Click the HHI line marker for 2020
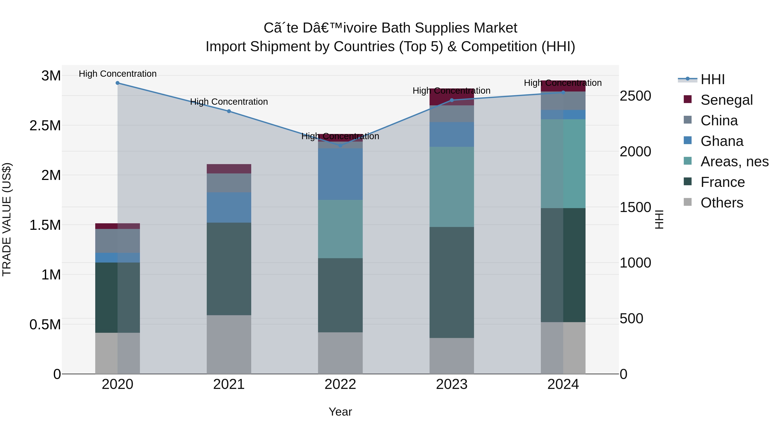point(118,83)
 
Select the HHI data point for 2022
point(340,145)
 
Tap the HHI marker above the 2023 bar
point(452,100)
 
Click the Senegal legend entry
point(726,100)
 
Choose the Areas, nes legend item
point(734,162)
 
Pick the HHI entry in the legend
point(712,79)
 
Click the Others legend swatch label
point(722,203)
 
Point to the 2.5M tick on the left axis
point(45,126)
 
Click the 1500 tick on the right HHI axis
point(635,207)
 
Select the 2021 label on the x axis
point(229,384)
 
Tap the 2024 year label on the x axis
point(563,384)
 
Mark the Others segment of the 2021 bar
point(229,344)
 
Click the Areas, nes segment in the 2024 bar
point(563,164)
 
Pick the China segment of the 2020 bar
point(118,241)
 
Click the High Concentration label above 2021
point(229,102)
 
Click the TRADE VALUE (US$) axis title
point(7,219)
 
